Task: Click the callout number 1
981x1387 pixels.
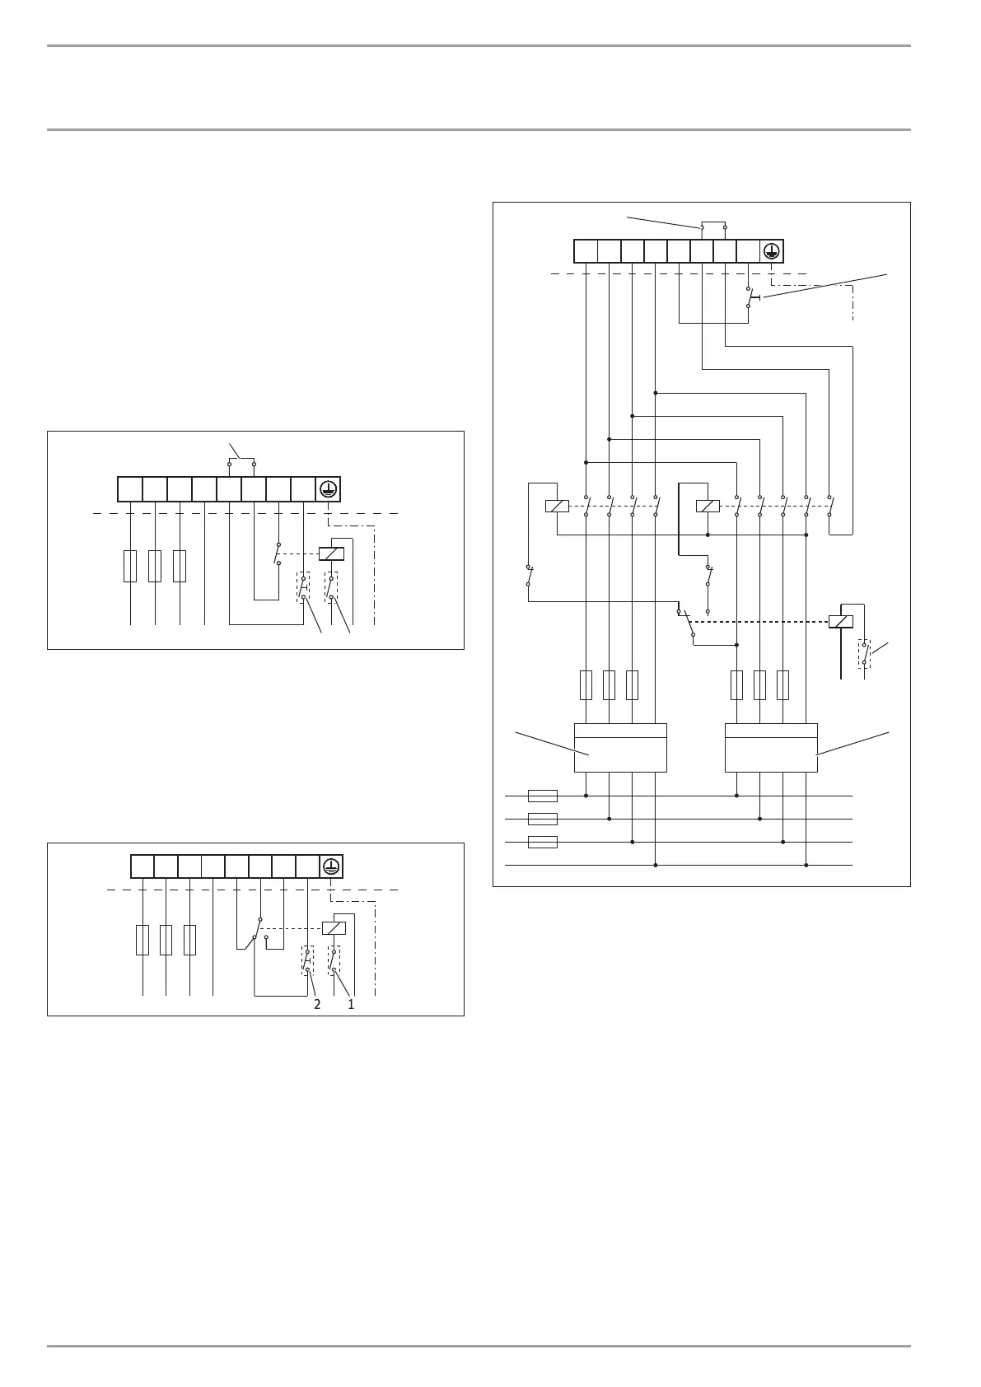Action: pyautogui.click(x=351, y=1005)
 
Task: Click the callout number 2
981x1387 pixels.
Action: pyautogui.click(x=317, y=1005)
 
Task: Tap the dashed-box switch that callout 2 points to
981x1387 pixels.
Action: pyautogui.click(x=307, y=960)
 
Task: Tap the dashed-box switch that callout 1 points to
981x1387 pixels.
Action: pyautogui.click(x=334, y=960)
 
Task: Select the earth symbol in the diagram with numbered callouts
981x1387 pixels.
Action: pyautogui.click(x=330, y=866)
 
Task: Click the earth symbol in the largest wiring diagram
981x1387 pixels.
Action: pyautogui.click(x=771, y=251)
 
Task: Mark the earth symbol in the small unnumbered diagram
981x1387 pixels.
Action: pyautogui.click(x=328, y=489)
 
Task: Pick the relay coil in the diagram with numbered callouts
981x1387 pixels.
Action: pyautogui.click(x=334, y=927)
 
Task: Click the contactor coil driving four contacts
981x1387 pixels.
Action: pyautogui.click(x=557, y=506)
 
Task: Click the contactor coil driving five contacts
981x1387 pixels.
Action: pyautogui.click(x=708, y=506)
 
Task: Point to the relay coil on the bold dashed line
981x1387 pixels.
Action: pyautogui.click(x=841, y=621)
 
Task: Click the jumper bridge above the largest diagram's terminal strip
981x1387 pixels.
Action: pyautogui.click(x=713, y=226)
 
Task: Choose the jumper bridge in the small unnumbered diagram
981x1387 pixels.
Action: pyautogui.click(x=241, y=464)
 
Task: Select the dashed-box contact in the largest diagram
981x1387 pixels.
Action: pyautogui.click(x=864, y=653)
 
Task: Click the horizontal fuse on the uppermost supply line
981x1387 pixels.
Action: pyautogui.click(x=542, y=796)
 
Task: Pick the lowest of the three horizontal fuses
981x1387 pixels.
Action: pyautogui.click(x=542, y=842)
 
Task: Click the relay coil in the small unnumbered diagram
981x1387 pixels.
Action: pyautogui.click(x=331, y=553)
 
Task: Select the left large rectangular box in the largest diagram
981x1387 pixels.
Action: pyautogui.click(x=620, y=748)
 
